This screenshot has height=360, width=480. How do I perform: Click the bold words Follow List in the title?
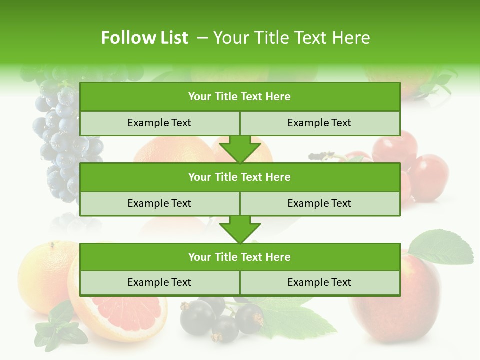[x=144, y=38]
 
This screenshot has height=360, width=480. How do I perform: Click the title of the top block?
[x=239, y=97]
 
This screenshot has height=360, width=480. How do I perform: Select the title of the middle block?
[x=239, y=177]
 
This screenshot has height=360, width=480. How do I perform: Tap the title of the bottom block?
[x=239, y=257]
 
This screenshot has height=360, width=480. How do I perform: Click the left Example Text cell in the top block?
[x=159, y=123]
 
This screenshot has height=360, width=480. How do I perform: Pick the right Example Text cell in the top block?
[x=319, y=123]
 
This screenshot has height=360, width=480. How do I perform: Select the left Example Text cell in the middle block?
[x=159, y=203]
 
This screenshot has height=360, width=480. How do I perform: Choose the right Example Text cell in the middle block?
[x=319, y=203]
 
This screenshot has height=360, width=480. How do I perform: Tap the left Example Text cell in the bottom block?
[x=159, y=282]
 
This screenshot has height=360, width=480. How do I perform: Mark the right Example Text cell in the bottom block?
[x=319, y=282]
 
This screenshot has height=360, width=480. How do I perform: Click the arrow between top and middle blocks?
[x=240, y=150]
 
